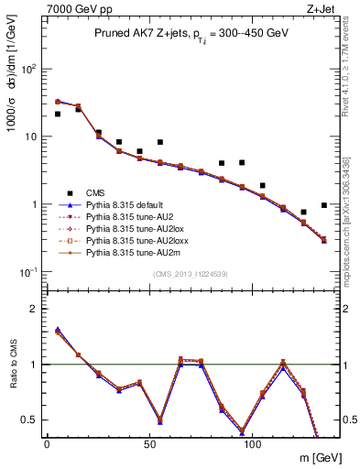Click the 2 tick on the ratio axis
[35, 309]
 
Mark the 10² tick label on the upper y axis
[28, 69]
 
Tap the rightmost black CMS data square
[324, 205]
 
